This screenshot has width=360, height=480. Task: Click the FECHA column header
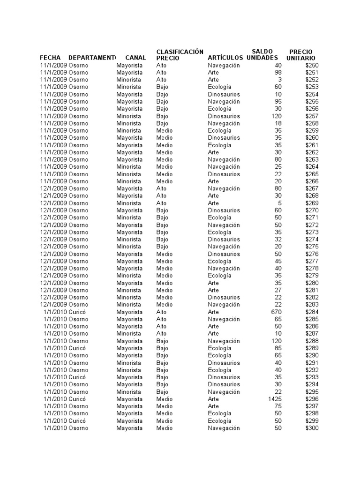[x=50, y=58]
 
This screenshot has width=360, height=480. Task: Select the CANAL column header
[x=135, y=58]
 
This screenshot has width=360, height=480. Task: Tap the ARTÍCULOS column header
[x=225, y=58]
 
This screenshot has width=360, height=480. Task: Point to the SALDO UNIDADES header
[x=262, y=54]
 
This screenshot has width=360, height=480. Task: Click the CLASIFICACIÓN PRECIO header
[x=180, y=54]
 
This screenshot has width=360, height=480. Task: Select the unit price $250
[x=312, y=65]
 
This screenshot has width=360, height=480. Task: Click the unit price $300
[x=312, y=428]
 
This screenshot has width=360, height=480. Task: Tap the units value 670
[x=277, y=312]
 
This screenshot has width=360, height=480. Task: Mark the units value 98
[x=278, y=73]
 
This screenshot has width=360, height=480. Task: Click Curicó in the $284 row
[x=77, y=312]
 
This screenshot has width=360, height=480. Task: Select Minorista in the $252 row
[x=128, y=80]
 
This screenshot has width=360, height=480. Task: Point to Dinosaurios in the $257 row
[x=224, y=116]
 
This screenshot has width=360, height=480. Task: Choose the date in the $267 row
[x=53, y=188]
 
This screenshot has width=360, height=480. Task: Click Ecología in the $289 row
[x=219, y=348]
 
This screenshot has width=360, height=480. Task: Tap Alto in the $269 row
[x=161, y=203]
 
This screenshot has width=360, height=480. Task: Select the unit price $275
[x=312, y=247]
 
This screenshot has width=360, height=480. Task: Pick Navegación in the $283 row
[x=224, y=305]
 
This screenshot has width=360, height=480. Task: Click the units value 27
[x=278, y=290]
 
